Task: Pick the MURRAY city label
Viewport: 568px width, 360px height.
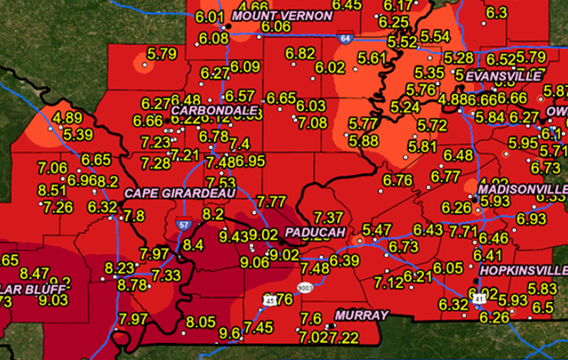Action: pyautogui.click(x=361, y=315)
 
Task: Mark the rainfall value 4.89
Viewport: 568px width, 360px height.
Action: pyautogui.click(x=67, y=118)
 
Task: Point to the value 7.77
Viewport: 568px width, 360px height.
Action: pyautogui.click(x=271, y=201)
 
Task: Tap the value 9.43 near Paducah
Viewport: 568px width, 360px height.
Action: pyautogui.click(x=235, y=235)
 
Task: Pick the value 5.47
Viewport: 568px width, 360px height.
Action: pyautogui.click(x=377, y=230)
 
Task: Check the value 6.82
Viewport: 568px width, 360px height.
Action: pyautogui.click(x=299, y=53)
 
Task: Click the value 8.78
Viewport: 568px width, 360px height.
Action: pyautogui.click(x=133, y=284)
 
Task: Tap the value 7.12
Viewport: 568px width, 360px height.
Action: pyautogui.click(x=388, y=282)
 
